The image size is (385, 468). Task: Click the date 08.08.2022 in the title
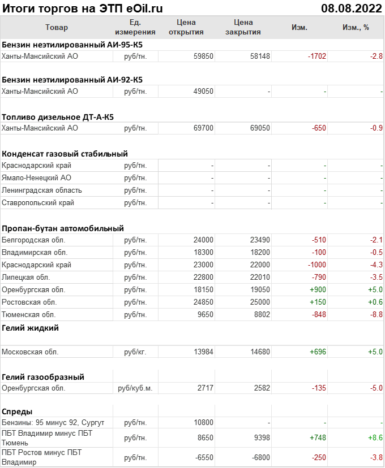pyautogui.click(x=352, y=8)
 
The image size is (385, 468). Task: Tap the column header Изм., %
pyautogui.click(x=356, y=27)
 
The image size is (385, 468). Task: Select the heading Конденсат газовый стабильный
pyautogui.click(x=65, y=153)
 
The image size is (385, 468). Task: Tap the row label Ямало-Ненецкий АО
pyautogui.click(x=37, y=178)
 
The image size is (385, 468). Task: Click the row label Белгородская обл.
pyautogui.click(x=34, y=240)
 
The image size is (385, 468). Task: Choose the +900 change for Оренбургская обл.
pyautogui.click(x=317, y=290)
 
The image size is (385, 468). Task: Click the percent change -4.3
pyautogui.click(x=376, y=265)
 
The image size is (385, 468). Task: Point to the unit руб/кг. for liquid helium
pyautogui.click(x=135, y=352)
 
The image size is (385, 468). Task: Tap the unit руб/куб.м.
pyautogui.click(x=135, y=388)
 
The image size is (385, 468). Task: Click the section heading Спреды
pyautogui.click(x=17, y=411)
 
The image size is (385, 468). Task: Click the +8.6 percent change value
pyautogui.click(x=375, y=437)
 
